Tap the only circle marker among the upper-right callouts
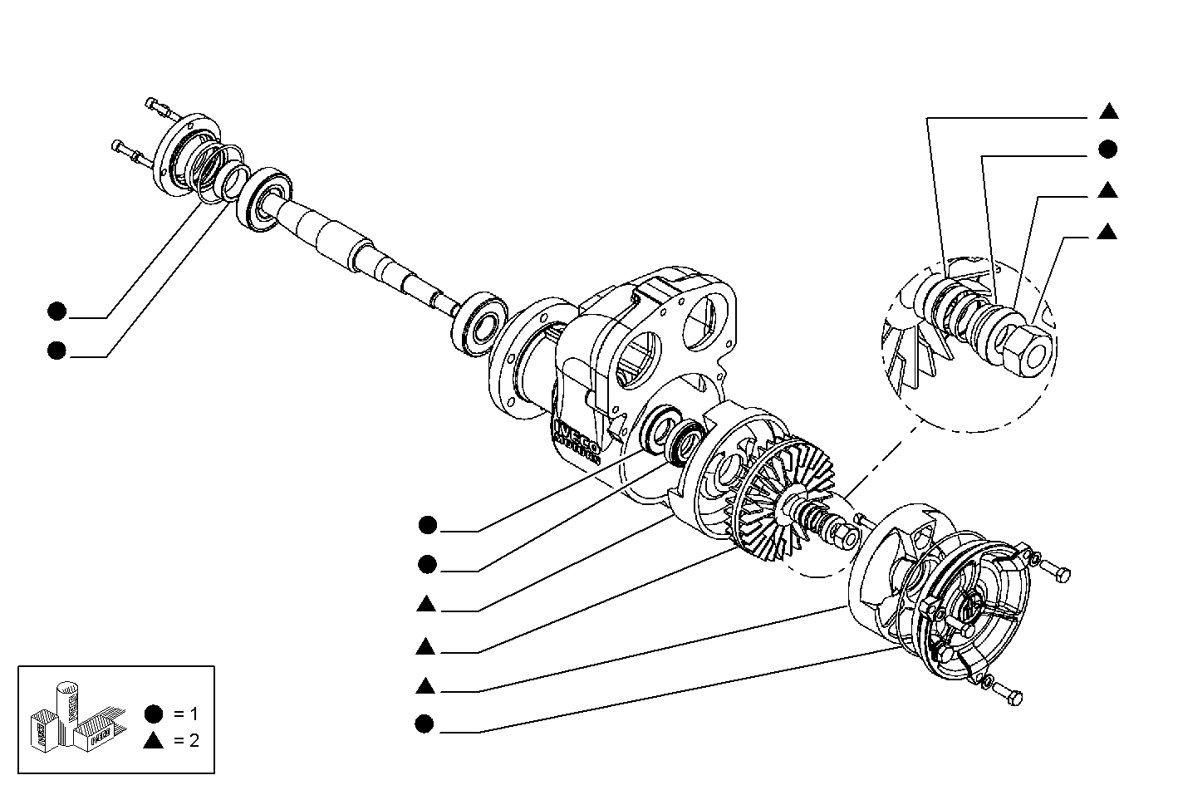point(1107,150)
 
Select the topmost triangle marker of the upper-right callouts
point(1107,111)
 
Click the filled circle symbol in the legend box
point(153,714)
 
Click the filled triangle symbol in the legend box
point(153,741)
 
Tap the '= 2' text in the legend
point(186,741)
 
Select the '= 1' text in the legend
point(186,714)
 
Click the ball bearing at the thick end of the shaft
point(264,198)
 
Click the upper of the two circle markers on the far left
point(56,312)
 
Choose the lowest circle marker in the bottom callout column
point(425,724)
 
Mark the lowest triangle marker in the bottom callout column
point(425,685)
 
